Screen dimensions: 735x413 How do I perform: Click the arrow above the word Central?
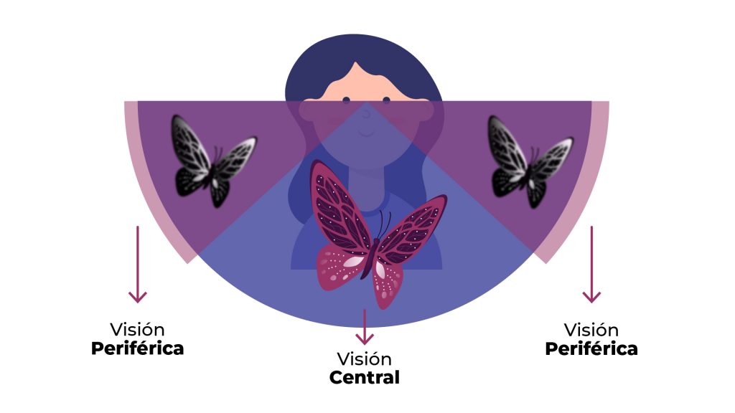[365, 326]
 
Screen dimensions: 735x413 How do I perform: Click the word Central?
[365, 377]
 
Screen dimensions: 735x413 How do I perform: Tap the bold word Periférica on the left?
[137, 349]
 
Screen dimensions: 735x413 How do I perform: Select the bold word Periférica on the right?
[591, 349]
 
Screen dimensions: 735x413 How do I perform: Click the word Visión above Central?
[365, 359]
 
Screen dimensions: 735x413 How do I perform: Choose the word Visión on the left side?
[137, 330]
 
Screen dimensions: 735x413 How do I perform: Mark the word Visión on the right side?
[591, 331]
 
